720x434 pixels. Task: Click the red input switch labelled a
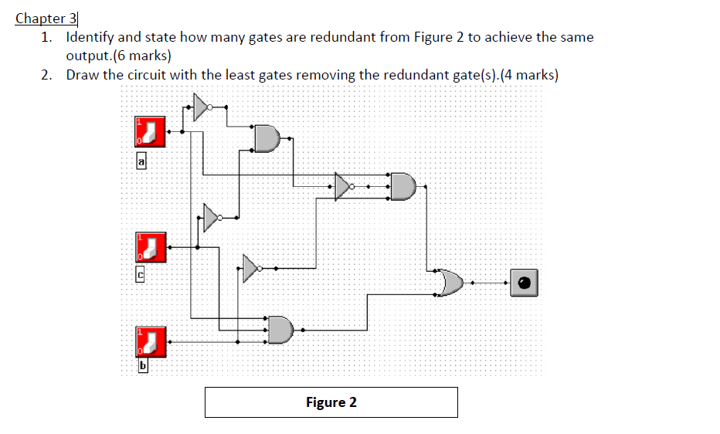pos(151,131)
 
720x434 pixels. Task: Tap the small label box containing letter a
pos(141,161)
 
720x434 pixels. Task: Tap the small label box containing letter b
pos(142,366)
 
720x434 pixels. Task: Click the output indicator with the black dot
pos(523,283)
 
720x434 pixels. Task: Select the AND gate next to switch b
pos(280,330)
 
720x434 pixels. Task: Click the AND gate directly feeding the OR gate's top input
pos(403,186)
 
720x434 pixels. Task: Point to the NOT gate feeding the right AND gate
pos(343,186)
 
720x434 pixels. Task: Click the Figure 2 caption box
pos(331,402)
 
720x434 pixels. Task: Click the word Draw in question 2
pos(82,75)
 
